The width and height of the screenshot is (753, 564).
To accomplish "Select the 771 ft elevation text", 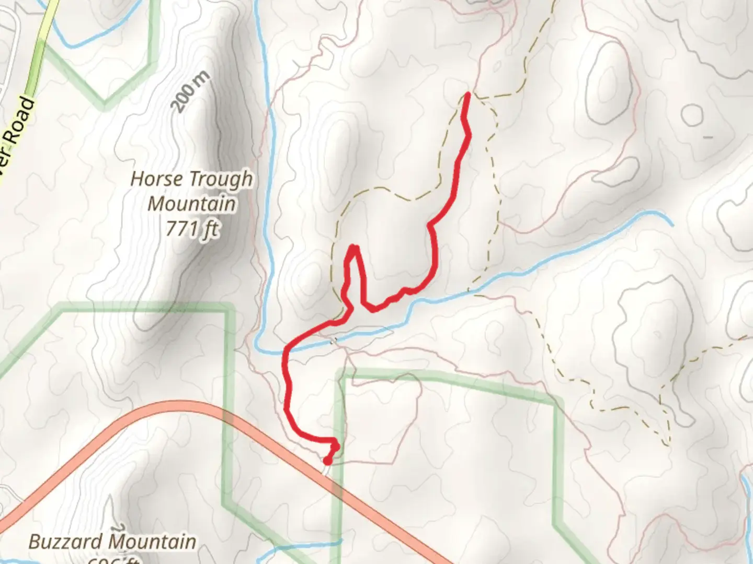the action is pyautogui.click(x=192, y=228).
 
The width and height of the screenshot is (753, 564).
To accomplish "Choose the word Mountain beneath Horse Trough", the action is pyautogui.click(x=192, y=204).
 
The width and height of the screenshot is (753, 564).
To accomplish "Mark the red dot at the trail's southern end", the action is pyautogui.click(x=327, y=461).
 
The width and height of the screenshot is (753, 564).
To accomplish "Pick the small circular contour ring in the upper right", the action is pyautogui.click(x=692, y=114).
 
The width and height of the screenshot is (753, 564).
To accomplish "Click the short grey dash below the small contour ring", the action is pyautogui.click(x=708, y=137).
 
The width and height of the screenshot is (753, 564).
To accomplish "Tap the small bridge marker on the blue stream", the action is pyautogui.click(x=333, y=340).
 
